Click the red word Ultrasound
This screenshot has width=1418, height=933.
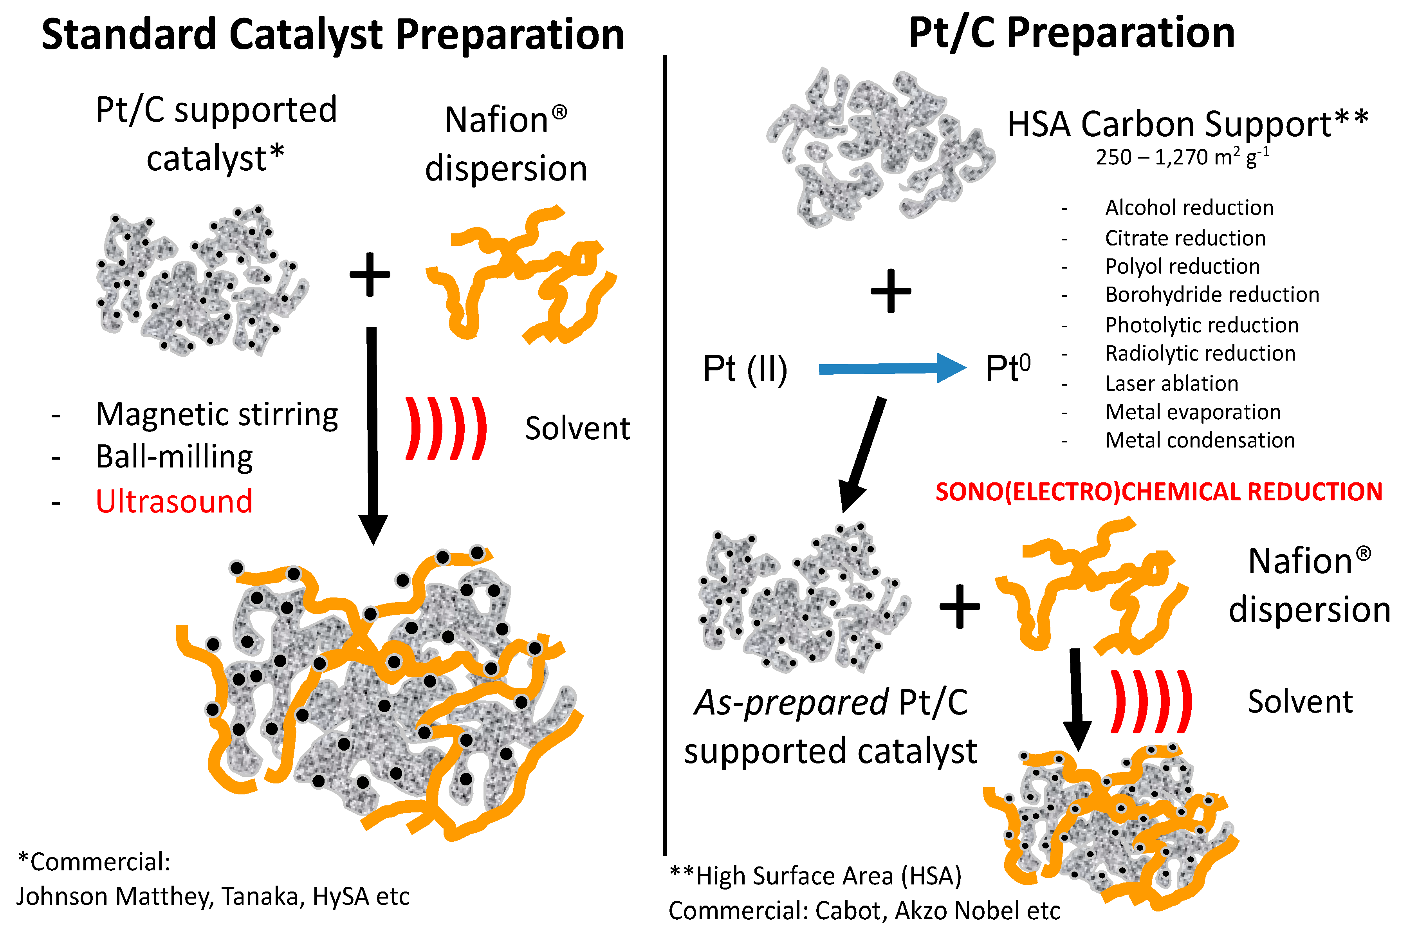click(174, 501)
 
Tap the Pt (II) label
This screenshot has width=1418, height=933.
click(745, 369)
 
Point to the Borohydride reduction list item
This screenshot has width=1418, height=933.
click(1212, 295)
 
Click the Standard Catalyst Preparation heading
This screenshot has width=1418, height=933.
click(332, 34)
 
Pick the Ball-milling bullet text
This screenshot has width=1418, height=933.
click(174, 458)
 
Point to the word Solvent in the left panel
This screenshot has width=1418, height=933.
click(577, 428)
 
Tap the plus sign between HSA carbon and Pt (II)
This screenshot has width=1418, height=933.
click(891, 291)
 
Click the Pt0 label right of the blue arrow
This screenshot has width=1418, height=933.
click(1007, 368)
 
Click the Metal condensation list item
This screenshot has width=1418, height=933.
click(1200, 440)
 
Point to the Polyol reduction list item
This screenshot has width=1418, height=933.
click(1182, 266)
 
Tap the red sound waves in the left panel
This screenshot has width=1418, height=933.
click(446, 428)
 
